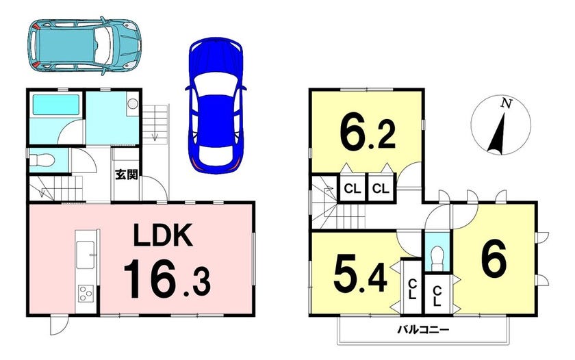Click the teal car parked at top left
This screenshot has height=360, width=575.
[x=84, y=46]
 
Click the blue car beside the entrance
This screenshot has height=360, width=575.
[x=216, y=105]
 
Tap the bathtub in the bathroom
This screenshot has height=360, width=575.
[x=56, y=105]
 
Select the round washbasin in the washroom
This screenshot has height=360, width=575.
[x=132, y=104]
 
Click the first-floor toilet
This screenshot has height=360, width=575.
[x=42, y=160]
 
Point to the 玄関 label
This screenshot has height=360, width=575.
[x=127, y=175]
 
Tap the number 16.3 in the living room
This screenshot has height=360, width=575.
[x=167, y=279]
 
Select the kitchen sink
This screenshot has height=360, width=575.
[x=85, y=255]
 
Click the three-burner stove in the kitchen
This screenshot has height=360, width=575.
[x=86, y=294]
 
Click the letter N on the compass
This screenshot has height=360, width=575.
[x=507, y=104]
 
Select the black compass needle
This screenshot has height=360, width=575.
[x=497, y=133]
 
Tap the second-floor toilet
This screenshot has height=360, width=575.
[x=437, y=257]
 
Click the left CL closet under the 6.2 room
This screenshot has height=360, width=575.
[x=353, y=188]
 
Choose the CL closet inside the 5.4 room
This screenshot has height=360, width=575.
[x=413, y=289]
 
